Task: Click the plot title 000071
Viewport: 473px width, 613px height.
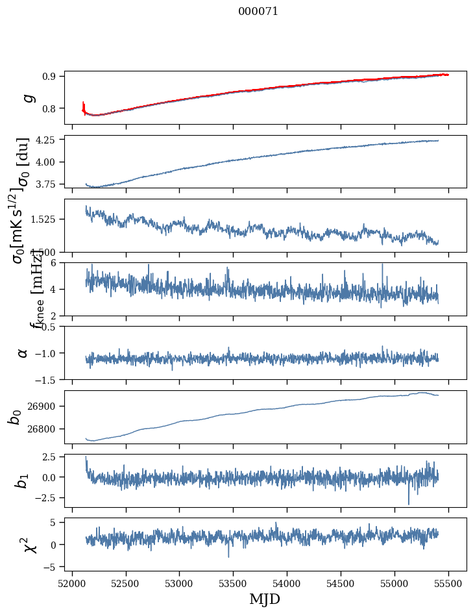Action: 258,11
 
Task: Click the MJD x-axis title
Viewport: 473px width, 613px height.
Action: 265,599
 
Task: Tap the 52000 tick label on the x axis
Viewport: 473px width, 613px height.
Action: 72,584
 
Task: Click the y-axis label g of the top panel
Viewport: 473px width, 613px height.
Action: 27,97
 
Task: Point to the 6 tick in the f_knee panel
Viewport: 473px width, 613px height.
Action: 56,262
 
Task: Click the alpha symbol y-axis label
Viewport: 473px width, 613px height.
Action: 23,353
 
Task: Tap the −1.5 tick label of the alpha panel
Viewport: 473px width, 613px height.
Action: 47,379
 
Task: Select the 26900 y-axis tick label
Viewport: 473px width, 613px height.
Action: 44,407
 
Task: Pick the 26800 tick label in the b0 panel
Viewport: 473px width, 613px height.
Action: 44,429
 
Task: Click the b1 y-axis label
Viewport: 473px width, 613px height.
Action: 23,481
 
